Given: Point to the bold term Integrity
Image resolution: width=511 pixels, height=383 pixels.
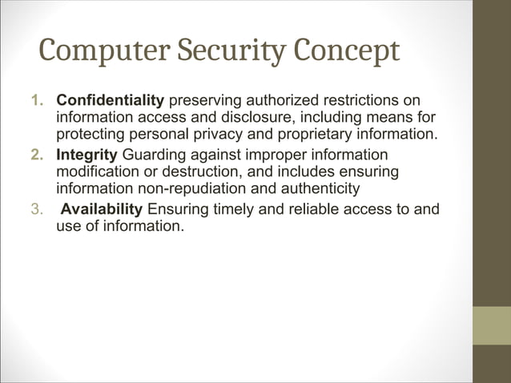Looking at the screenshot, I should [x=87, y=154].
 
